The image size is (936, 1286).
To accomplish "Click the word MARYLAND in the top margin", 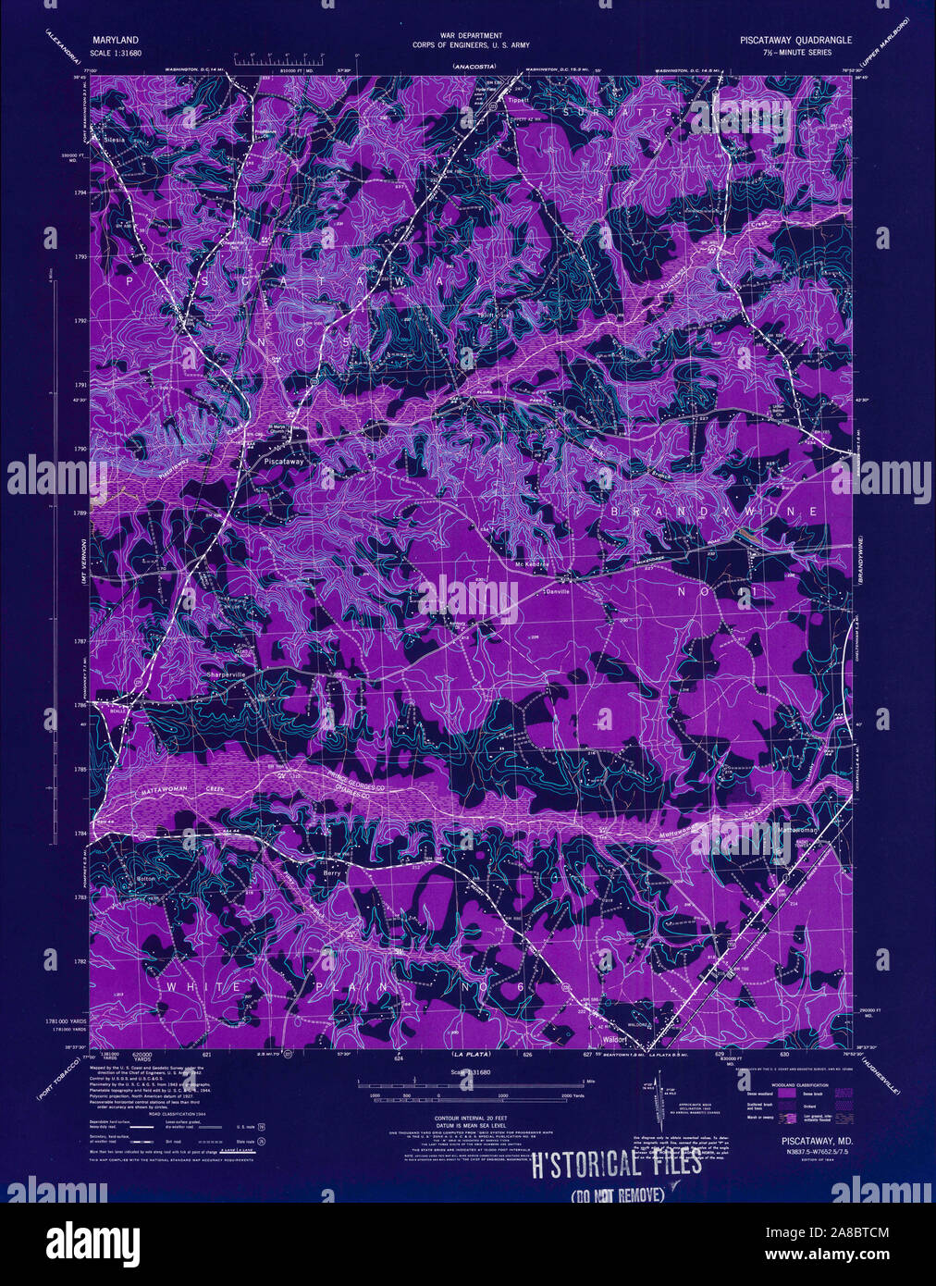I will point(115,41).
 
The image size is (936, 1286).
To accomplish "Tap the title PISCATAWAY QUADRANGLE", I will point(795,41).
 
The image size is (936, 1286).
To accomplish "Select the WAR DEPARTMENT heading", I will point(467,34).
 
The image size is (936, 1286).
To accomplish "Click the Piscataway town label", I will point(278,459).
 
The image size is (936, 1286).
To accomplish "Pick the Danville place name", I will point(559,590).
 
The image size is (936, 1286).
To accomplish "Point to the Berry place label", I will point(332,872).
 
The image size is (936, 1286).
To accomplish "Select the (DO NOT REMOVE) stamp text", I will point(618,1194).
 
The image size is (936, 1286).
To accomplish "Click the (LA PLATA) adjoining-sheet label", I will point(471,1054).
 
